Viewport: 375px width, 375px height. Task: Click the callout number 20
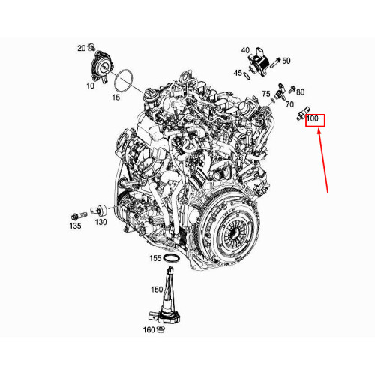[x=81, y=47]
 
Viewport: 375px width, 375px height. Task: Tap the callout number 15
[x=116, y=97]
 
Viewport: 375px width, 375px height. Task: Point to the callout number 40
[x=245, y=50]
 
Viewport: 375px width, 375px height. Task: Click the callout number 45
[x=238, y=73]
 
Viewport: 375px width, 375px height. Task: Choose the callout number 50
[x=286, y=60]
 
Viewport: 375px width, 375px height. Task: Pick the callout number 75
[x=266, y=94]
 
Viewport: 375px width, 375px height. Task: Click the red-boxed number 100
[x=313, y=119]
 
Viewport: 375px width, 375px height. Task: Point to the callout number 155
[x=154, y=258]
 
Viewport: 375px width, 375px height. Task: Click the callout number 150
[x=157, y=289]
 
